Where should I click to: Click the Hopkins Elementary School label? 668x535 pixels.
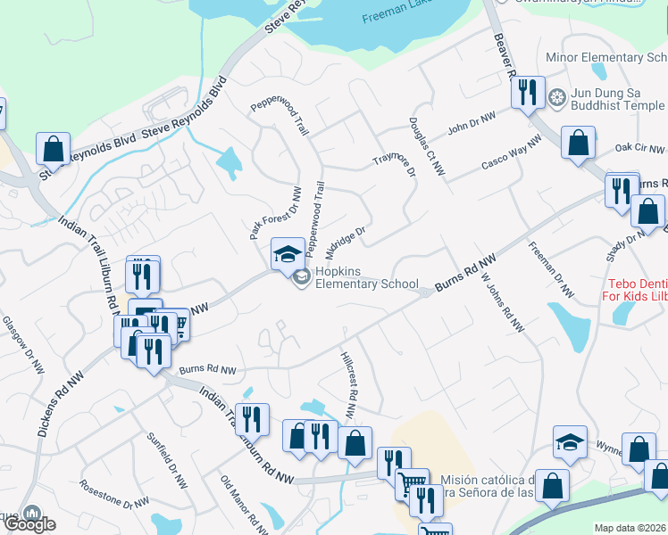pos(366,277)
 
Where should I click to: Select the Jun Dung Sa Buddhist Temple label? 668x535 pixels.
pos(619,98)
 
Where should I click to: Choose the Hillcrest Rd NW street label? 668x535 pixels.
pos(349,385)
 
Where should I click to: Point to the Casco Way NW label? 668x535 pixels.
pos(512,153)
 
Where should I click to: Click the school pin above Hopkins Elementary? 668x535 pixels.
pos(288,254)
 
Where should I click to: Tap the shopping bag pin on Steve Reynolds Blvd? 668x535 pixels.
pos(54,149)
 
